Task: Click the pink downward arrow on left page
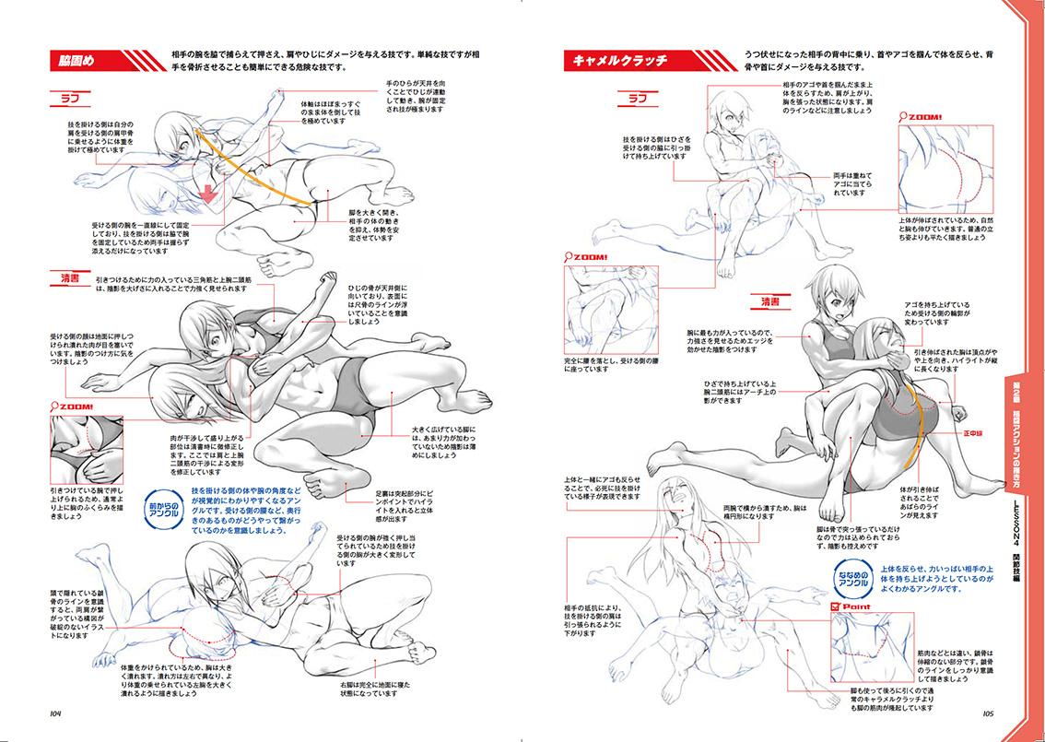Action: tap(209, 194)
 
